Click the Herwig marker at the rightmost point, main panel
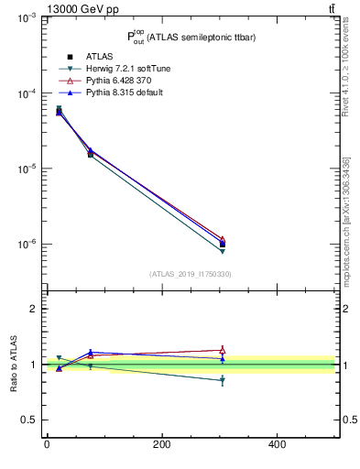(222, 251)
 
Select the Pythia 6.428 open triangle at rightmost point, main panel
(222, 239)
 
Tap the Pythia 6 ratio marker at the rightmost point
(222, 349)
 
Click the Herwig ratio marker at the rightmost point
(222, 380)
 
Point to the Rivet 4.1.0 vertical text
(345, 69)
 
